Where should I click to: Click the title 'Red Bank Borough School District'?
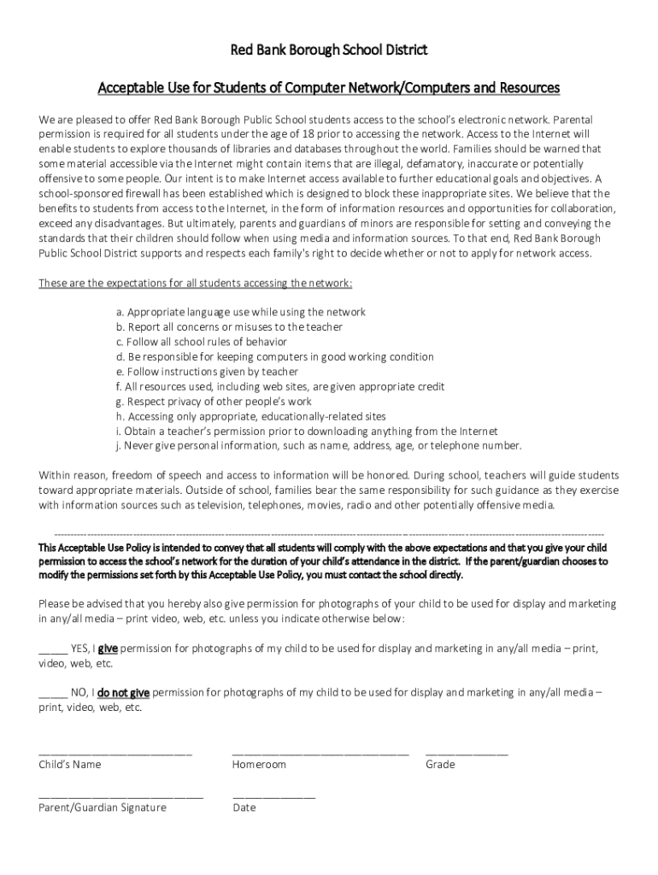329,50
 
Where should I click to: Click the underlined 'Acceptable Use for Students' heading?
329,87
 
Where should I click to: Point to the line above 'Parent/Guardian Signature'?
121,796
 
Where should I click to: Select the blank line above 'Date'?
273,796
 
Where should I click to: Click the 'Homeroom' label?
259,765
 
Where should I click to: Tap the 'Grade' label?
440,765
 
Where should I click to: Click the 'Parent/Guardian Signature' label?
103,807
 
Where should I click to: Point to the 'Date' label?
244,807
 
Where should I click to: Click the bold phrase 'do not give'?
124,693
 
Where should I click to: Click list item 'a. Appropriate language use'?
241,312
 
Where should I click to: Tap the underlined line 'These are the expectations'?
196,283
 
